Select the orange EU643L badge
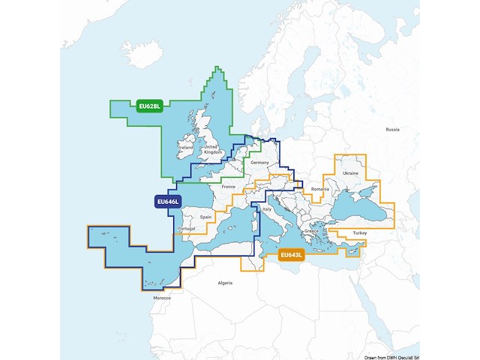click(290, 256)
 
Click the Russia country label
click(393, 130)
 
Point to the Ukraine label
click(350, 173)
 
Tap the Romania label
click(321, 190)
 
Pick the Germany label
click(259, 163)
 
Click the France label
click(229, 186)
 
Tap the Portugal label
click(188, 228)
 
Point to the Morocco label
click(162, 298)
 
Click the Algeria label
click(225, 283)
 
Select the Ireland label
click(186, 148)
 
